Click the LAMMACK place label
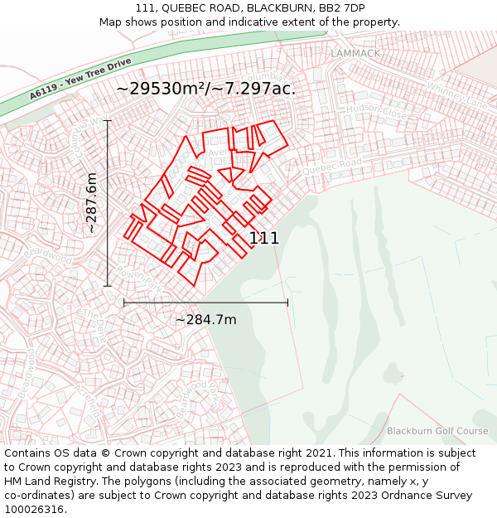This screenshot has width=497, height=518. (355, 53)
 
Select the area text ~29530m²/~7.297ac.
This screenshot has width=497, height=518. (205, 88)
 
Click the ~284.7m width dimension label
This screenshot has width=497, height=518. (205, 319)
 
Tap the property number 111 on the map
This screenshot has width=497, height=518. (264, 239)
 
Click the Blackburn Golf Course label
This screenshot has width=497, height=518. (437, 431)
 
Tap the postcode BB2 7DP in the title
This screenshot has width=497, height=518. (341, 7)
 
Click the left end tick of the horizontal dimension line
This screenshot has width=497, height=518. (124, 303)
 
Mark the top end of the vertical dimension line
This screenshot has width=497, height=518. (107, 121)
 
